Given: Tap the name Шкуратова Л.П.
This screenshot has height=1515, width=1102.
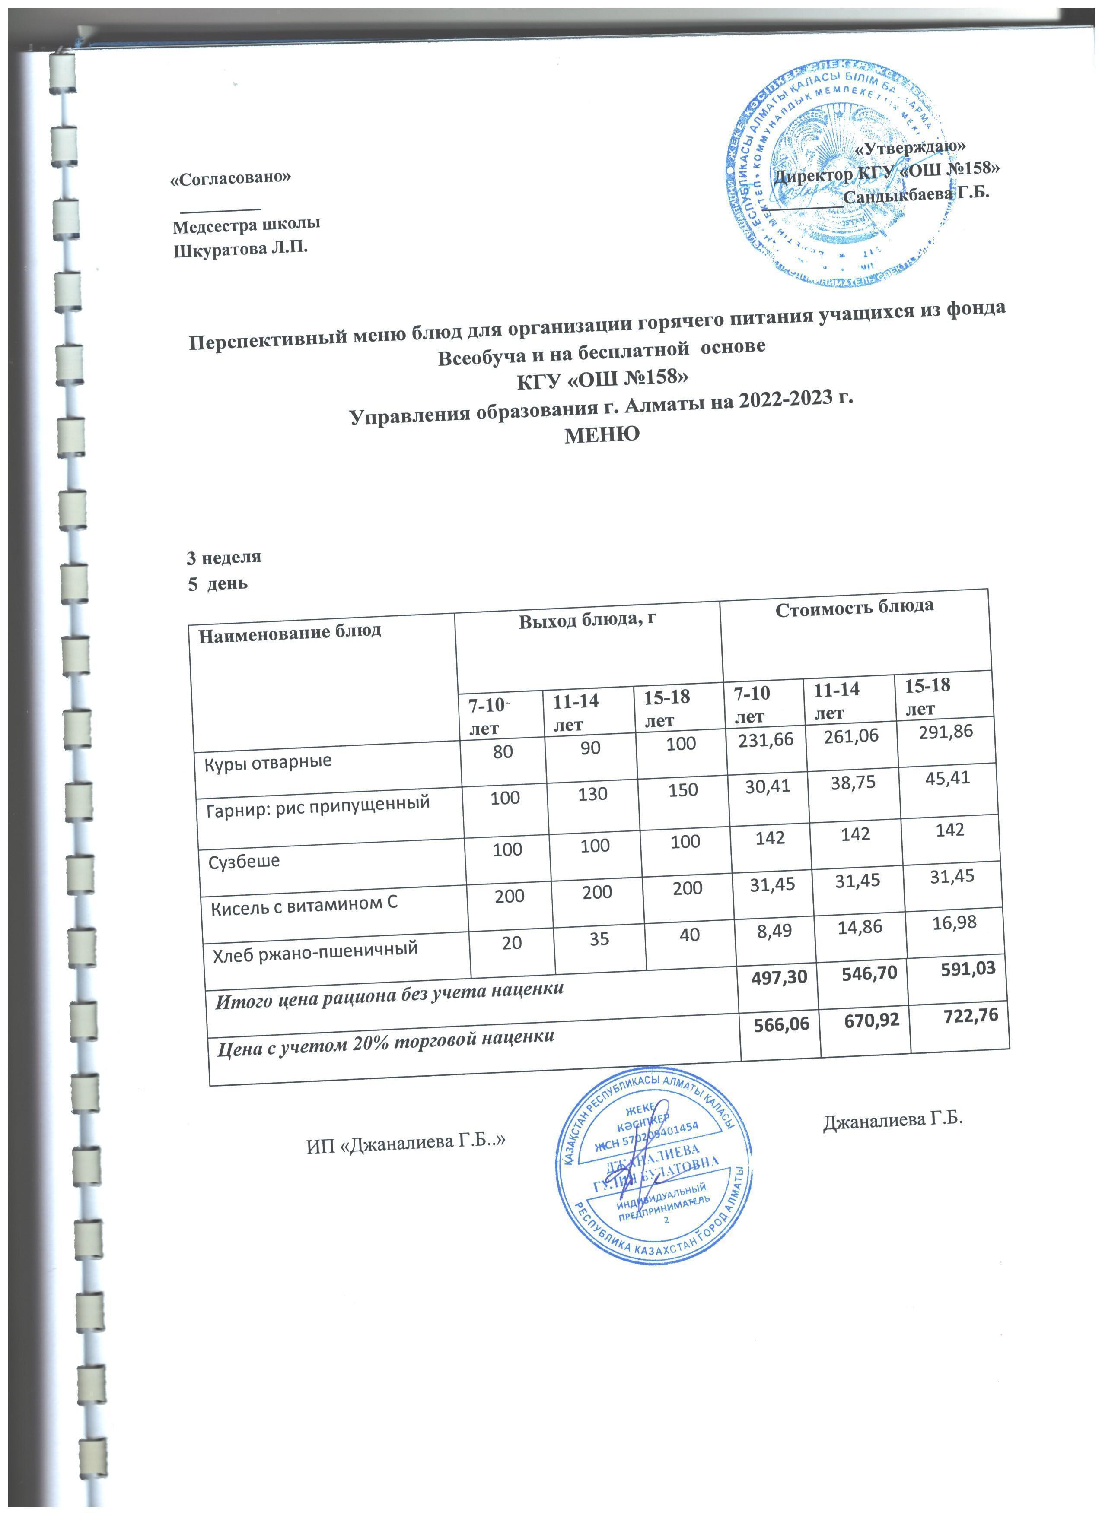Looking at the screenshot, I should pyautogui.click(x=241, y=250).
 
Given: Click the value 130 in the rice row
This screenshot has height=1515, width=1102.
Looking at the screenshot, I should pyautogui.click(x=593, y=794).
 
